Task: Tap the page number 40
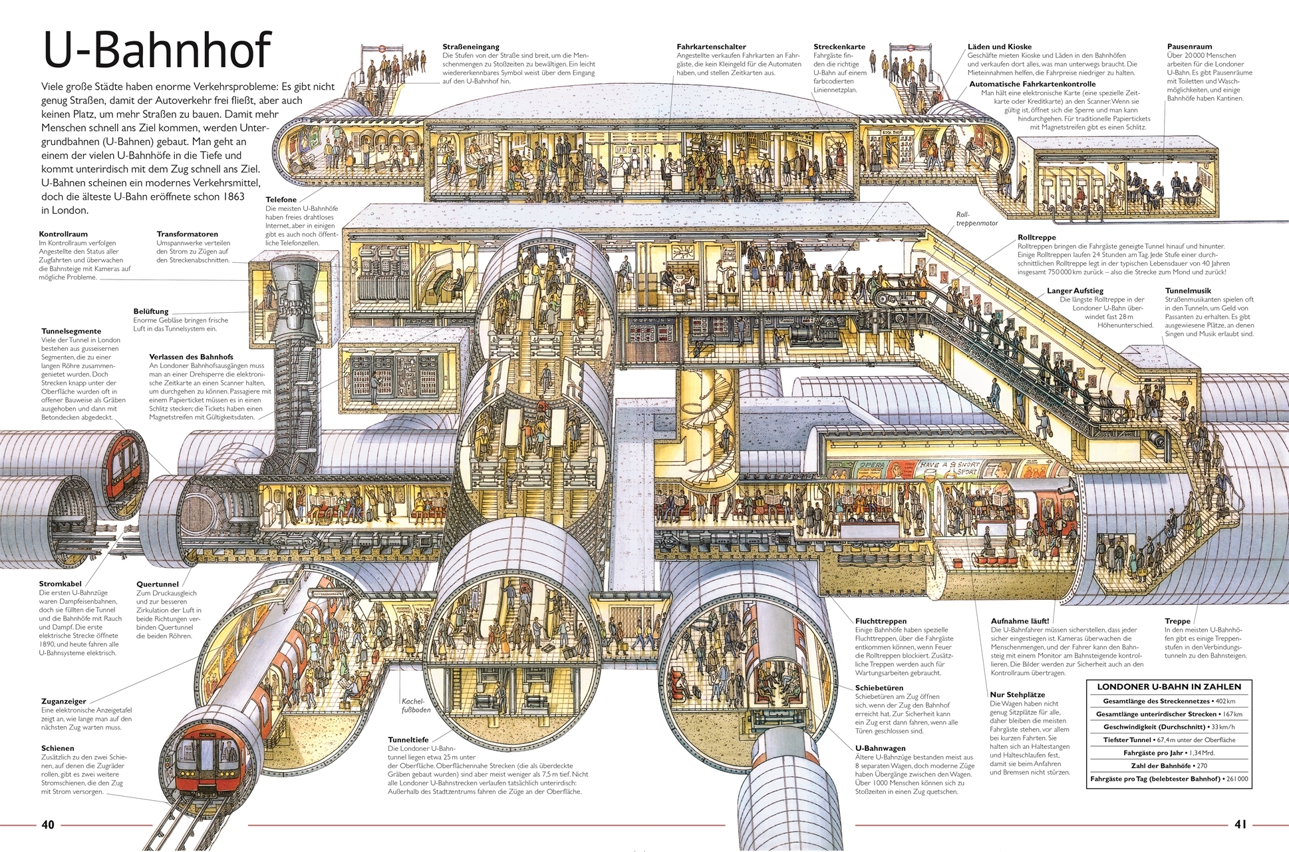48,825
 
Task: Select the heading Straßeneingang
470,47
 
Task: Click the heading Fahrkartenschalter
711,47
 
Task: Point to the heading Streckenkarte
839,47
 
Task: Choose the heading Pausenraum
1189,47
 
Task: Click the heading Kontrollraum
64,234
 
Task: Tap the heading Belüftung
151,312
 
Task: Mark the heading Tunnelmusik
1188,291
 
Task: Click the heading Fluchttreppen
881,621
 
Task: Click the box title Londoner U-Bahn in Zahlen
1169,686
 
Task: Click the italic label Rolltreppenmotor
976,219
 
